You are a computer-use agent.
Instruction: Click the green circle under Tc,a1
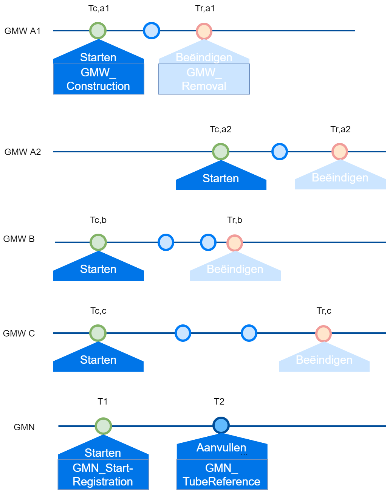click(x=98, y=31)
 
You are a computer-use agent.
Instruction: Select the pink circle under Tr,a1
click(x=204, y=31)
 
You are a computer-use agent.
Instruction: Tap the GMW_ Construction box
click(x=98, y=79)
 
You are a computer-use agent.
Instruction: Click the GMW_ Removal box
click(x=204, y=79)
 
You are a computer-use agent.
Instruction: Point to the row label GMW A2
click(x=23, y=152)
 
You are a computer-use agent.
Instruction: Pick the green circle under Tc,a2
click(x=221, y=152)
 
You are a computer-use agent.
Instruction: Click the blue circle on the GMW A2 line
click(x=280, y=152)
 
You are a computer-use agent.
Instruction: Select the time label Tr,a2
click(x=341, y=129)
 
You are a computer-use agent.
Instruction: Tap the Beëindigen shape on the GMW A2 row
click(x=340, y=178)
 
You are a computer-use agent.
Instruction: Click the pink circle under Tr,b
click(x=235, y=243)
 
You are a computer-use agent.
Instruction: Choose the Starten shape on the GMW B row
click(x=98, y=269)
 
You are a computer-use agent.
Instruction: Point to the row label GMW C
click(x=19, y=333)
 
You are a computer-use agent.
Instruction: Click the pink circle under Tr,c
click(x=324, y=333)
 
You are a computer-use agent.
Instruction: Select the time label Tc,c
click(x=98, y=311)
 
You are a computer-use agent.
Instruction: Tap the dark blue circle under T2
click(x=221, y=425)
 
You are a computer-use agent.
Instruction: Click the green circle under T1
click(x=103, y=426)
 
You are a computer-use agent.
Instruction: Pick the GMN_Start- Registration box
click(x=103, y=474)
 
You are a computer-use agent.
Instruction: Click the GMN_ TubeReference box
click(x=222, y=474)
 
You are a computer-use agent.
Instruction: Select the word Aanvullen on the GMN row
click(x=221, y=448)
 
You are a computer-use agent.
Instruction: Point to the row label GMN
click(x=24, y=427)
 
